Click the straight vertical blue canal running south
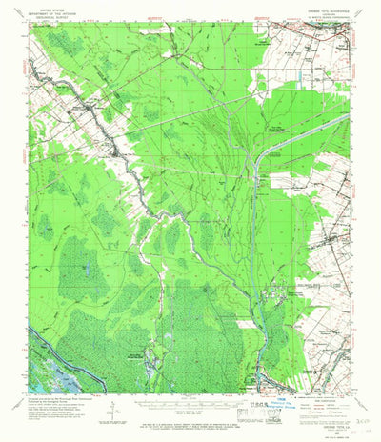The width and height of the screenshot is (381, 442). pyautogui.click(x=255, y=238)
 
